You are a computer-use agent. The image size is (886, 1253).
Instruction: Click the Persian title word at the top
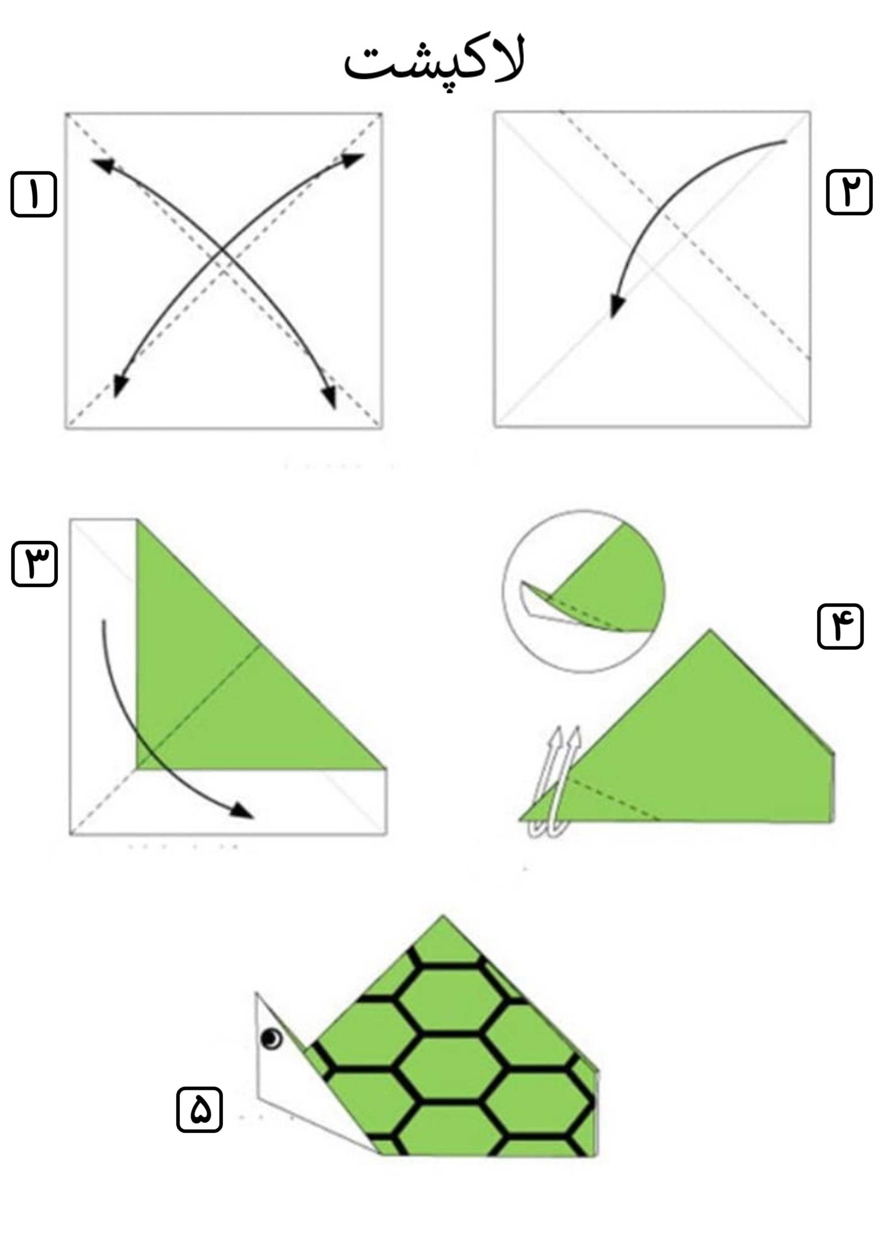434,61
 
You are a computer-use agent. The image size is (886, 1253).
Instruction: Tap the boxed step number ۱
34,194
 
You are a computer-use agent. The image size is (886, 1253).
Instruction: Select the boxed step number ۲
849,192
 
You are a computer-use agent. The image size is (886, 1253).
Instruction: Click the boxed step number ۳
34,564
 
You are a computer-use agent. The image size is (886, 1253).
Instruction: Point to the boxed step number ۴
840,626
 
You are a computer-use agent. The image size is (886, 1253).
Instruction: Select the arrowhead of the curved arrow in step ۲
617,305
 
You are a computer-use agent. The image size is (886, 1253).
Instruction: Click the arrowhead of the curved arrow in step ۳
241,811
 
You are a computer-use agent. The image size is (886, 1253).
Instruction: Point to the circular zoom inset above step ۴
583,591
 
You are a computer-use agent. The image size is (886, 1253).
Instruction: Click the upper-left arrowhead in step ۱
103,165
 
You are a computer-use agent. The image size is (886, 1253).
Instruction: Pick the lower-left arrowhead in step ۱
119,386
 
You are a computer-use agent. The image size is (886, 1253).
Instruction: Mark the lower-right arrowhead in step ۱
329,397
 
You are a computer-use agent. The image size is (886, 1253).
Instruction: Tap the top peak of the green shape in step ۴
710,630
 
